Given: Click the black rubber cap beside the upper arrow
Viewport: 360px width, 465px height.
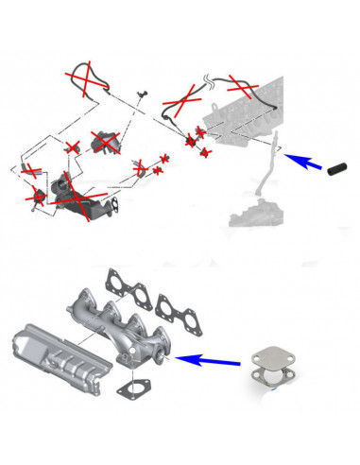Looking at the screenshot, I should pos(337,170).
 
